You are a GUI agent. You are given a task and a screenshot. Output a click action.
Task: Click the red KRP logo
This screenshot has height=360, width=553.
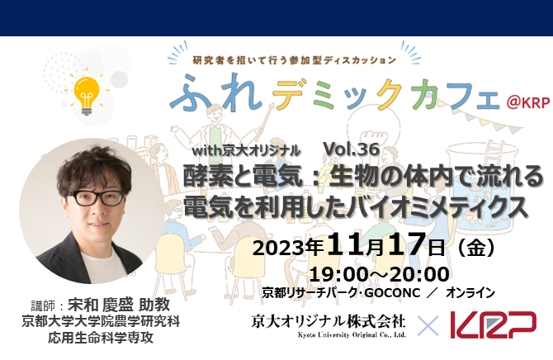[493, 325]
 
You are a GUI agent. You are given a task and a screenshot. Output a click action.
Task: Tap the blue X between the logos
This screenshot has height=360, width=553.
[428, 326]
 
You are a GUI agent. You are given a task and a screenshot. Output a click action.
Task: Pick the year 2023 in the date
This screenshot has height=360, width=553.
[281, 248]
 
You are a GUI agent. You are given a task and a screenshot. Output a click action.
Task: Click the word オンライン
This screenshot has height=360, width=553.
[470, 291]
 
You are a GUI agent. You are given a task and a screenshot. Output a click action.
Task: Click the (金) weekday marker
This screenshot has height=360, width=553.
[482, 247]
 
